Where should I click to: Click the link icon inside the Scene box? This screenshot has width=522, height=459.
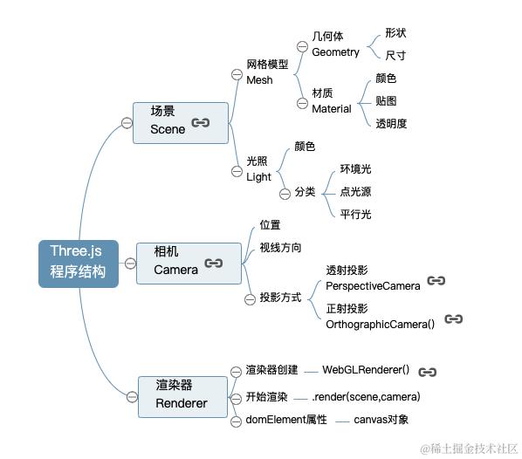pyautogui.click(x=201, y=123)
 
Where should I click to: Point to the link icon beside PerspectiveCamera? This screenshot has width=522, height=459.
pyautogui.click(x=436, y=281)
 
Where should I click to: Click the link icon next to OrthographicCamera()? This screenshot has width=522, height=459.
pyautogui.click(x=453, y=319)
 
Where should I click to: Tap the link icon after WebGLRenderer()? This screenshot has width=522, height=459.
pyautogui.click(x=427, y=372)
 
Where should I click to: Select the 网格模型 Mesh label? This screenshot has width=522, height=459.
pyautogui.click(x=266, y=72)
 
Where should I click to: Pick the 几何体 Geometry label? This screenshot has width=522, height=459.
pyautogui.click(x=335, y=45)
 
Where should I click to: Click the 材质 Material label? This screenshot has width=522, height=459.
pyautogui.click(x=331, y=101)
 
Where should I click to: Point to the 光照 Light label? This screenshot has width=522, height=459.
pyautogui.click(x=259, y=169)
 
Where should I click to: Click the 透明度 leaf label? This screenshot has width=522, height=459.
pyautogui.click(x=391, y=124)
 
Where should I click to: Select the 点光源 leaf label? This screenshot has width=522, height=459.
pyautogui.click(x=355, y=192)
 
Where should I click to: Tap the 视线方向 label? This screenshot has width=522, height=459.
pyautogui.click(x=280, y=248)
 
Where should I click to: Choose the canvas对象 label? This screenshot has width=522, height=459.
pyautogui.click(x=381, y=420)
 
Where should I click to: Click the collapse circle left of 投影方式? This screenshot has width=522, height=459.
pyautogui.click(x=251, y=298)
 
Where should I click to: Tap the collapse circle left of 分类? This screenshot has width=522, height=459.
pyautogui.click(x=285, y=192)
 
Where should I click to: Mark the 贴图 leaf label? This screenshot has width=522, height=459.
pyautogui.click(x=386, y=101)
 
